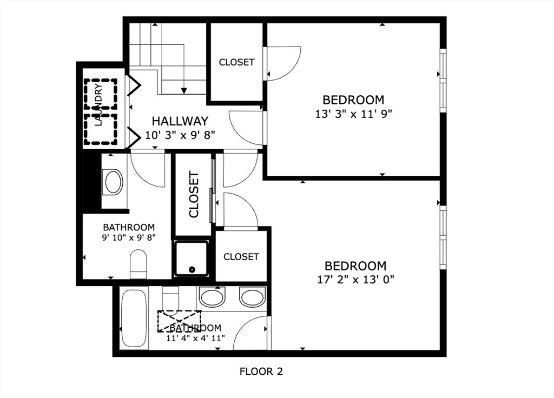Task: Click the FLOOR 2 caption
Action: [261, 372]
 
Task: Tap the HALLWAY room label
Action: [180, 121]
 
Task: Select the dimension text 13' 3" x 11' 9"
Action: [353, 114]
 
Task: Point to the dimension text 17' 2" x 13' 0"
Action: [355, 280]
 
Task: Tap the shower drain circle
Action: [192, 269]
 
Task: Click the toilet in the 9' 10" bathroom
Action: [138, 264]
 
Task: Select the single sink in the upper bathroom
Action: [114, 182]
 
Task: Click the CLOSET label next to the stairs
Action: [236, 62]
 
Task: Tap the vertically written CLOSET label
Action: [194, 194]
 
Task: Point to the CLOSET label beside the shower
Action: [241, 256]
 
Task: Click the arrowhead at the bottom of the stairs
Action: [184, 91]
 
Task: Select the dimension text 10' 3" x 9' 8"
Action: [180, 135]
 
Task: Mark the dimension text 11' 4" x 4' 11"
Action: [196, 338]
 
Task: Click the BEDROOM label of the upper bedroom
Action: [353, 100]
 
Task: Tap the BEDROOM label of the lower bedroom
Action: [355, 266]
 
